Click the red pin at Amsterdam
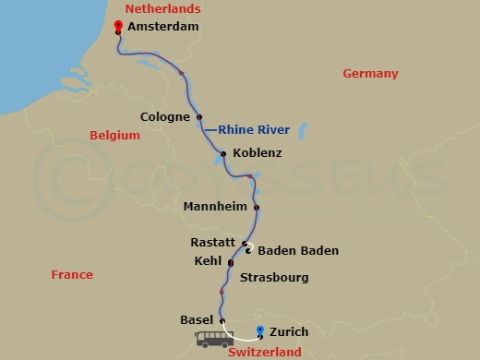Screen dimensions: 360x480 tap(117, 26)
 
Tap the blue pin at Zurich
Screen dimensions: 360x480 tap(260, 330)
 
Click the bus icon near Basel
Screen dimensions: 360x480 tap(213, 339)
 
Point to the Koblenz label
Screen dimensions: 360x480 tap(258, 153)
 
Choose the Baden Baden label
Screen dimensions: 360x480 tap(298, 250)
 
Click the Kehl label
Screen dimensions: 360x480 tap(209, 261)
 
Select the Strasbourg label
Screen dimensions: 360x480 tap(273, 277)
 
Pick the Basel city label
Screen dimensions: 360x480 tap(197, 319)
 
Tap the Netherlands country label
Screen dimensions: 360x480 tap(162, 8)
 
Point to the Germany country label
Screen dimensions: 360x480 tap(370, 73)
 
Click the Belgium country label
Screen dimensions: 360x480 tap(114, 135)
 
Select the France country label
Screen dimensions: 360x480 tap(72, 274)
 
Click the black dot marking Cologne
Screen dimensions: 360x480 tap(199, 116)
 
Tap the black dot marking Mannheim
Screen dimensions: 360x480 tap(257, 207)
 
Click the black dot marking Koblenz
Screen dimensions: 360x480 tap(223, 153)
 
